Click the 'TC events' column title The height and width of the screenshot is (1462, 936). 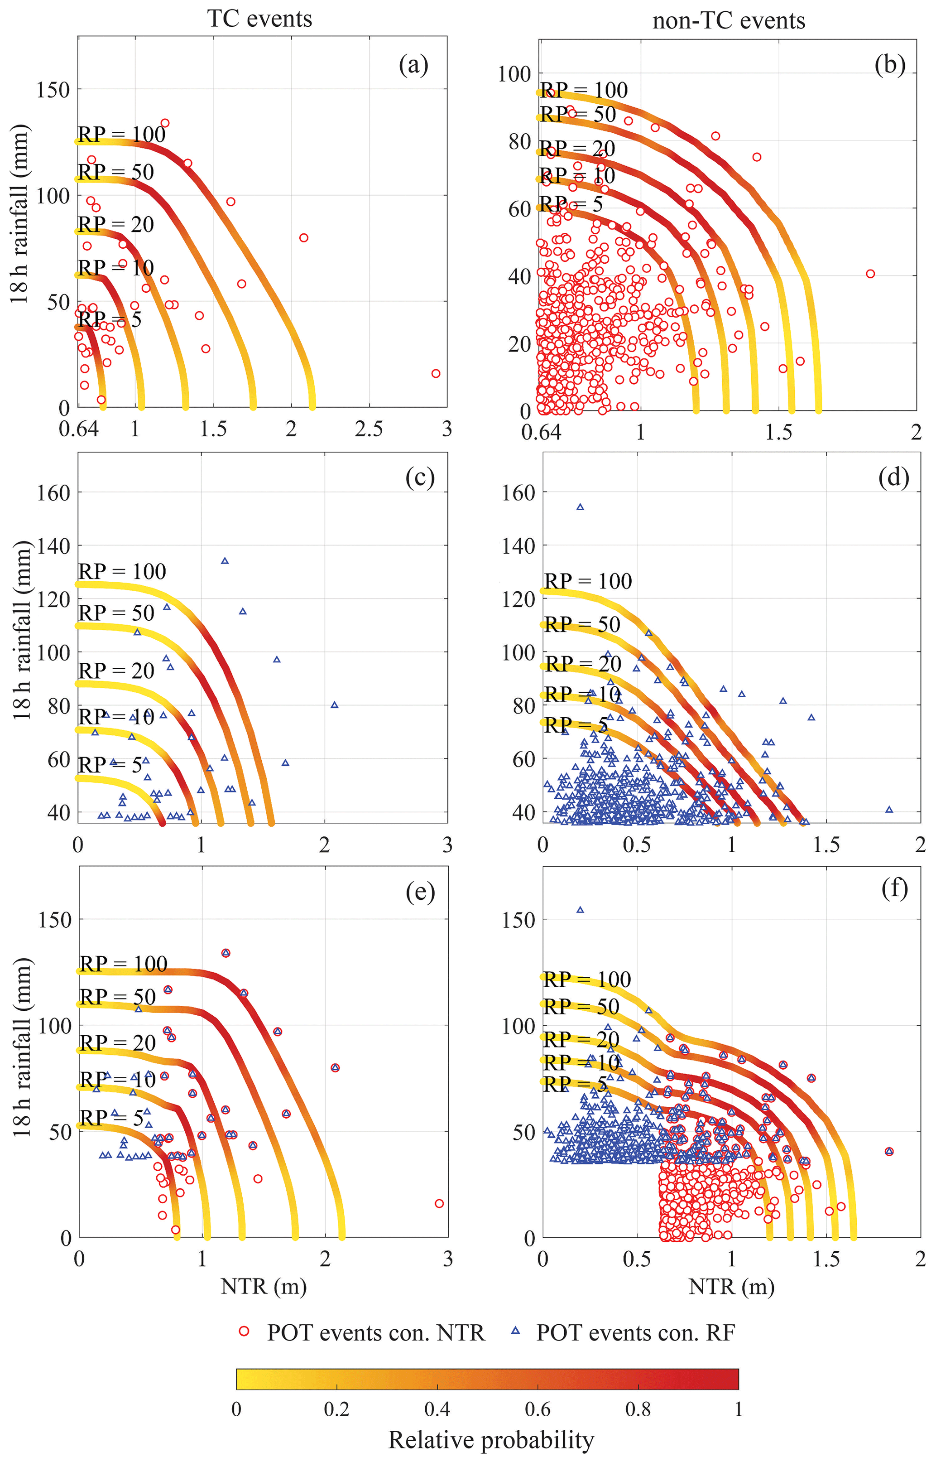pyautogui.click(x=259, y=19)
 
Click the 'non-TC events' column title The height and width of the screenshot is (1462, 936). pyautogui.click(x=728, y=21)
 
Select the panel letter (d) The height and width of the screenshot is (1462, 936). pyautogui.click(x=893, y=478)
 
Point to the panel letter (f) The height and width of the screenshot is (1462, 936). pyautogui.click(x=894, y=889)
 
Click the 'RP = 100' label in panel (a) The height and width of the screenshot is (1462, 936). pyautogui.click(x=121, y=135)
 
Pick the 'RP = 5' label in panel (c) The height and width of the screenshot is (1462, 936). pyautogui.click(x=110, y=764)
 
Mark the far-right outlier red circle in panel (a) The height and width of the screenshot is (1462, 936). pyautogui.click(x=436, y=373)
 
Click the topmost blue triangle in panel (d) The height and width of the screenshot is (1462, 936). pyautogui.click(x=581, y=507)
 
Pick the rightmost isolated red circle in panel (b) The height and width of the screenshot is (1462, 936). pyautogui.click(x=870, y=274)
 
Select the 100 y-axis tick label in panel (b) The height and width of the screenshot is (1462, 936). pyautogui.click(x=514, y=74)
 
